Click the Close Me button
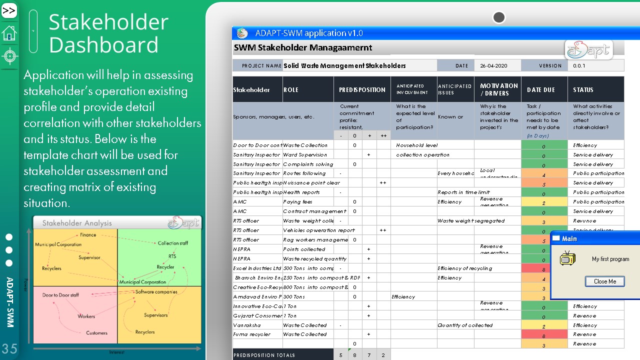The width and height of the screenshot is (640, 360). point(605,281)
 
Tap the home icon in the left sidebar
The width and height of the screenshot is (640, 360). point(9,33)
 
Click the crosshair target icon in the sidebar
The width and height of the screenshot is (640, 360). point(9,55)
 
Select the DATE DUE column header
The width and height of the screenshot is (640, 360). point(541,90)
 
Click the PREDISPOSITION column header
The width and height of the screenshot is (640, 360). point(362,90)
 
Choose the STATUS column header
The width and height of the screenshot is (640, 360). point(583,90)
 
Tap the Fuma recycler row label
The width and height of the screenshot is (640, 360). point(252,334)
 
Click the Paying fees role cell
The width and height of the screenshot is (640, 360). point(297,202)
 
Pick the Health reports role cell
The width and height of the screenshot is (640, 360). point(301,192)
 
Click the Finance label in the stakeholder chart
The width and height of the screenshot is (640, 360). point(88,235)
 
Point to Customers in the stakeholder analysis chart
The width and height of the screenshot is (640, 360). point(96,333)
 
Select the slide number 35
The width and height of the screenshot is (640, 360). point(9,348)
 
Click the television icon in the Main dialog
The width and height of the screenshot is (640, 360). point(567,259)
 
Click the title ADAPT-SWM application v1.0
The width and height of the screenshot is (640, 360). point(309,33)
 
